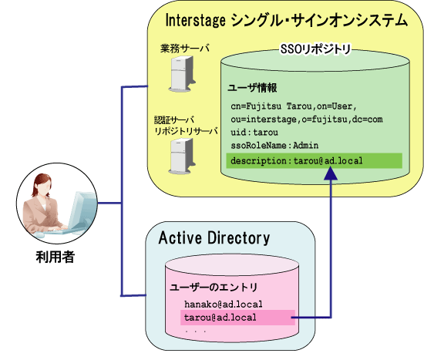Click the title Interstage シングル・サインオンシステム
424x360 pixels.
coord(287,20)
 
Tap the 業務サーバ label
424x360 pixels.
coord(185,49)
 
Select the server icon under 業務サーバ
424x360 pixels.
coord(182,73)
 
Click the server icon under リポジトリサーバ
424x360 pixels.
coord(182,156)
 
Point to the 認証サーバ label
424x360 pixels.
coord(174,119)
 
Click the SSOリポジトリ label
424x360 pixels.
coord(315,49)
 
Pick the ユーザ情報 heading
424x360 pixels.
coord(252,88)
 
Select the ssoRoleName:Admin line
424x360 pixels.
coord(274,145)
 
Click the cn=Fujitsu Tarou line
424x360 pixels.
coord(294,106)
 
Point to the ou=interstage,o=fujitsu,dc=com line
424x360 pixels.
coord(307,119)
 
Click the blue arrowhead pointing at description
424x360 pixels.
coord(331,173)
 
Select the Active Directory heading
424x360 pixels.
coord(214,238)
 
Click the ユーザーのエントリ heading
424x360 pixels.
coord(214,288)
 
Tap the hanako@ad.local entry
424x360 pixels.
coord(224,304)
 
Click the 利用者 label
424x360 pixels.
coord(56,257)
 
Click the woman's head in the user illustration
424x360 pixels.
coord(42,184)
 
